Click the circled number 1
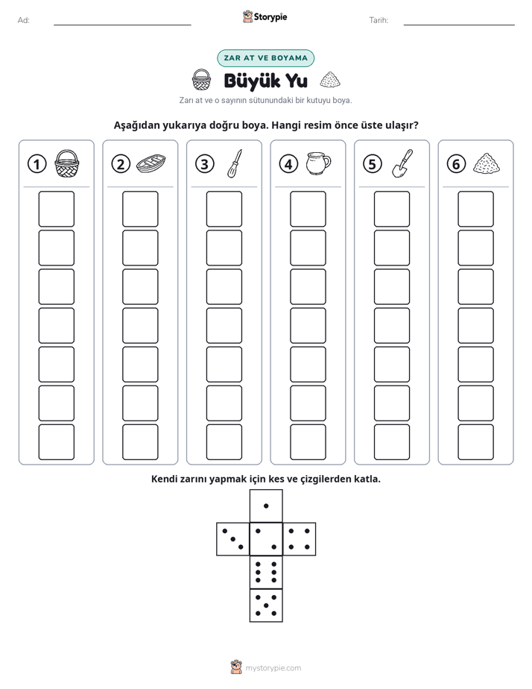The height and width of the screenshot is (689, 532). (37, 164)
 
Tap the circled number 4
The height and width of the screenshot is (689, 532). (288, 164)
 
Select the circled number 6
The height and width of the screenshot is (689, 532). (456, 164)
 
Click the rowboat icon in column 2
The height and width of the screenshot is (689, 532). (151, 164)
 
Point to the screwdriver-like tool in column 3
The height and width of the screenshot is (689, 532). (235, 163)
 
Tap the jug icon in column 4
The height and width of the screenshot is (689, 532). (319, 163)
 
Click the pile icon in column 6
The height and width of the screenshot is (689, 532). (487, 163)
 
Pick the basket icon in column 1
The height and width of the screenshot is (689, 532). (67, 163)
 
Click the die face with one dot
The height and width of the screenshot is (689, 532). (266, 506)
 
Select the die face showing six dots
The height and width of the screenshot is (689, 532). (266, 572)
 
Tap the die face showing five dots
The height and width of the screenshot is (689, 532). (266, 605)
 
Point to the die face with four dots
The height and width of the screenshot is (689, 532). (300, 539)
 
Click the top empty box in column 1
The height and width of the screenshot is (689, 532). (57, 209)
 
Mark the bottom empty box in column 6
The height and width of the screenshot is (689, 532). (476, 442)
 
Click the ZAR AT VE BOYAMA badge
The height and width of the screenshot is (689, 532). (265, 58)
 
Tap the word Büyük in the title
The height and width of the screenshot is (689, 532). (252, 81)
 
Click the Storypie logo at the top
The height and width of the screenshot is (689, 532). (265, 17)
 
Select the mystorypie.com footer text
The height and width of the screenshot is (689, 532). (273, 668)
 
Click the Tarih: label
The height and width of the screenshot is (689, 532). (379, 20)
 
